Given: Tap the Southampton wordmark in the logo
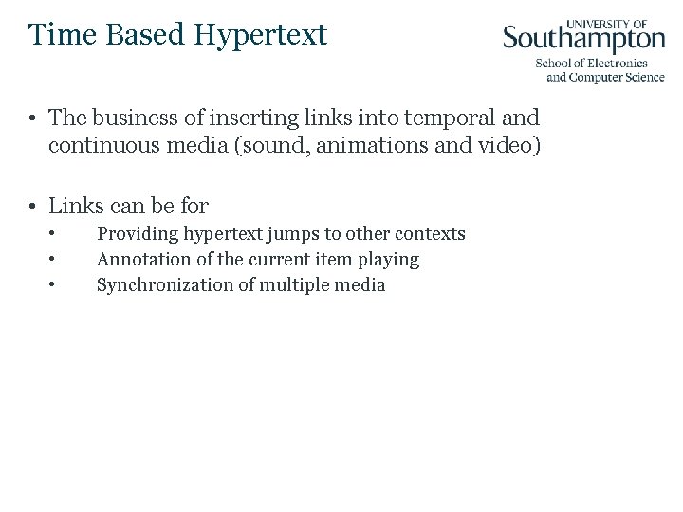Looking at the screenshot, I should [583, 39].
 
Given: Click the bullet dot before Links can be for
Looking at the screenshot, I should [32, 206].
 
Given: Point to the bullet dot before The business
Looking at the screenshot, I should [32, 119].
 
